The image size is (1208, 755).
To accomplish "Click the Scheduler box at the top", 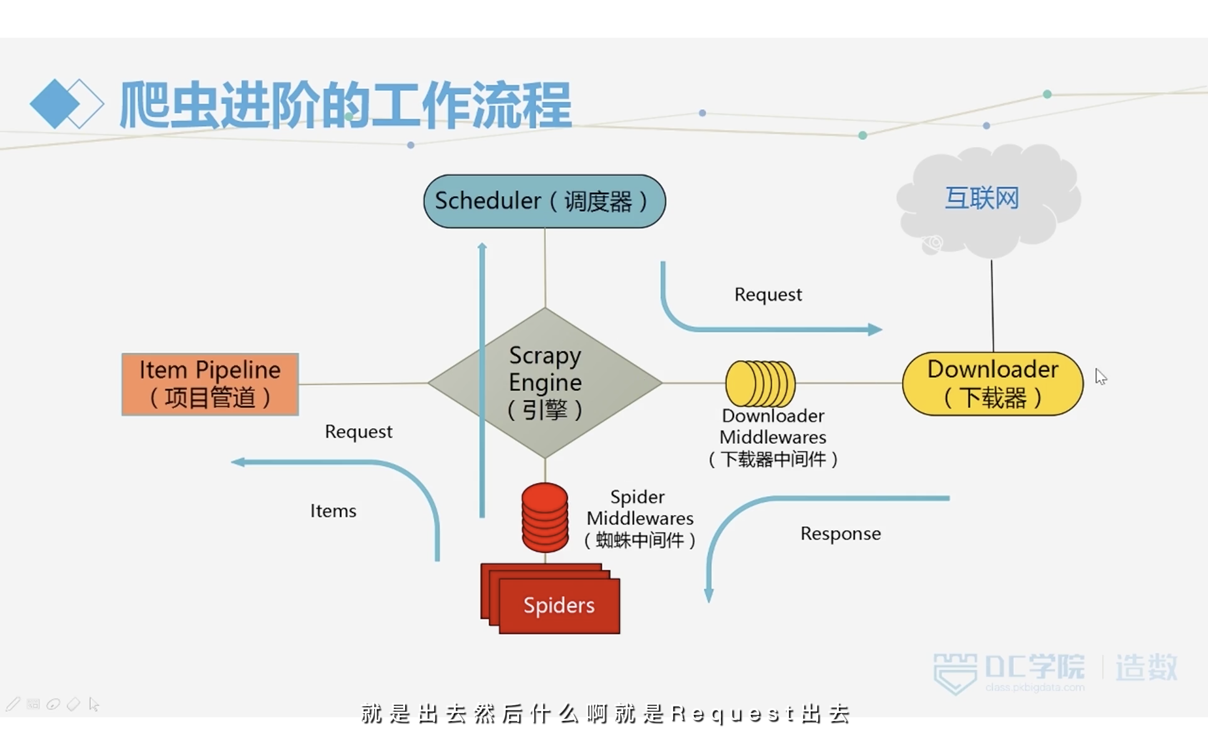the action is click(544, 201).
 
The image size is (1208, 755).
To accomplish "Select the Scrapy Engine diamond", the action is click(545, 383).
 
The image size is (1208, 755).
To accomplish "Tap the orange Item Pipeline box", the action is click(210, 384).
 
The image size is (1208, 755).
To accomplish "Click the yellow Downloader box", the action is click(993, 383).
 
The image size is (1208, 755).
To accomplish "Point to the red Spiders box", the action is click(550, 599).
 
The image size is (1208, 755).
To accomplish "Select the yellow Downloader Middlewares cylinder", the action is click(760, 383).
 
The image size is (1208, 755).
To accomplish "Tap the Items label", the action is click(333, 511).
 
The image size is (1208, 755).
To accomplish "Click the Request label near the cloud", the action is click(768, 294).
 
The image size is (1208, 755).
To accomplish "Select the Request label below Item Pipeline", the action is click(358, 432).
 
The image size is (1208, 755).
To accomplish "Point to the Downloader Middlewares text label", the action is click(773, 437).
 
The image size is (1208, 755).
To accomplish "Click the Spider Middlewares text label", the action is click(640, 518).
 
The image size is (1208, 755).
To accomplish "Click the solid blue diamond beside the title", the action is click(55, 104).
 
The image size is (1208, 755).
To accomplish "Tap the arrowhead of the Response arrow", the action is click(709, 595).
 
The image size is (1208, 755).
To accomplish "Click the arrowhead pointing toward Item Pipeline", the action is click(237, 462).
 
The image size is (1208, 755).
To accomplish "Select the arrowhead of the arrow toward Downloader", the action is click(875, 330).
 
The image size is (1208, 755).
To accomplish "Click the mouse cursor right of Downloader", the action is click(1101, 377).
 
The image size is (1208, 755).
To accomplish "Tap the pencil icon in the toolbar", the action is click(13, 704).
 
